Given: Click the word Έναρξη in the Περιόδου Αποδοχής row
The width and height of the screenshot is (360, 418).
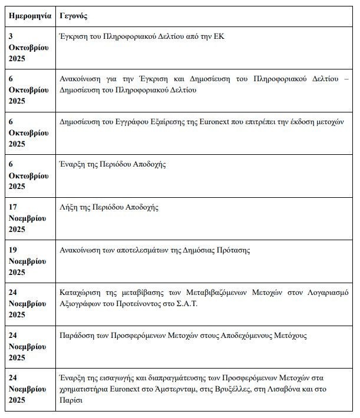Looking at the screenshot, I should [x=74, y=164].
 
